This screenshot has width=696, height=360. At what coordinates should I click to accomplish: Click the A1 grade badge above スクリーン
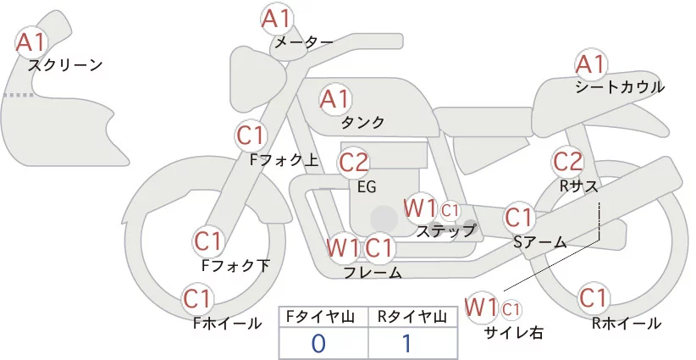(x=33, y=41)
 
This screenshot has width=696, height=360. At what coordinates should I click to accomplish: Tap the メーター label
(x=303, y=41)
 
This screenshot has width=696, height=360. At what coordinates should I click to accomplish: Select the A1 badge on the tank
(x=334, y=99)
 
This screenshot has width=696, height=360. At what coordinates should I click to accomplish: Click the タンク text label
(x=363, y=123)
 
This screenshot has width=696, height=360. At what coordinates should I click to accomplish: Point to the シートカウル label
(x=620, y=86)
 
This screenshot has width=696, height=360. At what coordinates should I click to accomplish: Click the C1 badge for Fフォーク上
(x=251, y=135)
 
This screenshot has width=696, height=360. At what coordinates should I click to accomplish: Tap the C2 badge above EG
(x=354, y=161)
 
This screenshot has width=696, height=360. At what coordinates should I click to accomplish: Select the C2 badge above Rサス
(x=567, y=160)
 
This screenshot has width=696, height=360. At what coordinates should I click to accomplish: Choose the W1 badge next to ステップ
(x=420, y=207)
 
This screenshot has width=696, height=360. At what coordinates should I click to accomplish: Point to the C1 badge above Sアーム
(x=518, y=217)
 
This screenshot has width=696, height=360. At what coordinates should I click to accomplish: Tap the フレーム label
(x=373, y=272)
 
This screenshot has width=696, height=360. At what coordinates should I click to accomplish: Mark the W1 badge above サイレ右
(x=482, y=305)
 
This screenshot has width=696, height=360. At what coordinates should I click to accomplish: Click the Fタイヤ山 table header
(x=323, y=317)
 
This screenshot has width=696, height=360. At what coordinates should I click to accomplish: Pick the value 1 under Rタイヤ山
(x=413, y=343)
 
